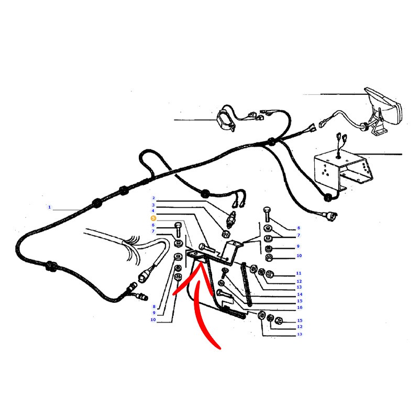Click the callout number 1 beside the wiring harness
49,207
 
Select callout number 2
153,198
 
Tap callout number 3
153,205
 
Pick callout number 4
153,211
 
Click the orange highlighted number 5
153,218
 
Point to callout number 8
154,306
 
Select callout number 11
299,273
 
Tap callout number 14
300,294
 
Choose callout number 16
300,307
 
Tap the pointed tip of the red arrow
200,263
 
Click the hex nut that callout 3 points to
225,234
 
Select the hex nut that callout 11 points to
269,273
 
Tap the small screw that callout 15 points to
224,273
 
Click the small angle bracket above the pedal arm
233,250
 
